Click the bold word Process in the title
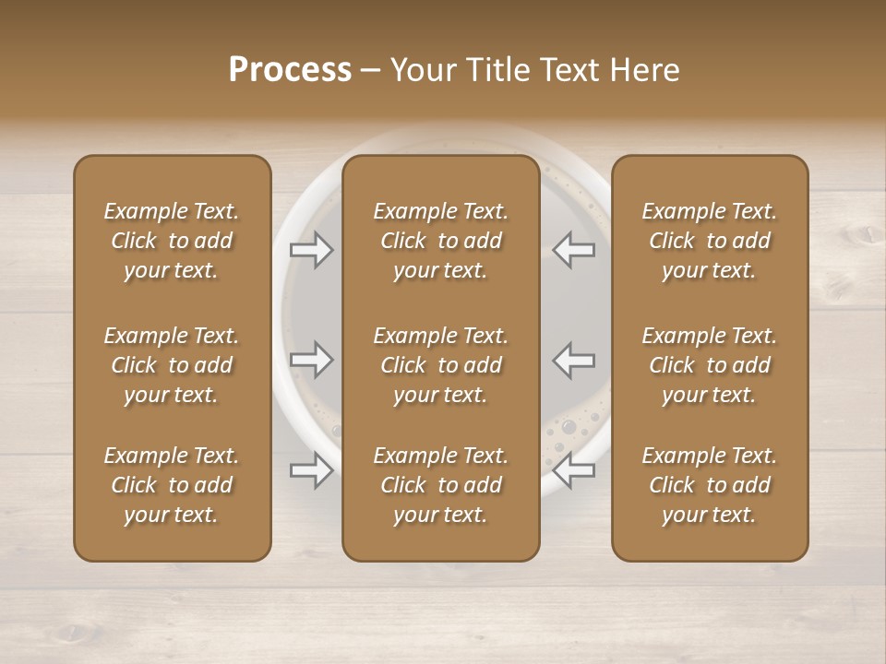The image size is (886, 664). point(290,70)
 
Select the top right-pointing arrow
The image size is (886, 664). point(311,250)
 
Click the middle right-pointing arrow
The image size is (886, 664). point(311,360)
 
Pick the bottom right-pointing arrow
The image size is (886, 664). point(311,470)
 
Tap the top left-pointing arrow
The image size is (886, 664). point(574,250)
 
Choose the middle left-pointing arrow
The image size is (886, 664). point(574,360)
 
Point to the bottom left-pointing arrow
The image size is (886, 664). point(574,470)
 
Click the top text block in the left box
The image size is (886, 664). point(172,241)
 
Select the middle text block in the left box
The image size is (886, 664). point(172,365)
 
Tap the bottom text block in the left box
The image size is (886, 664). point(172,485)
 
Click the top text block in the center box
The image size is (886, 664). point(441,241)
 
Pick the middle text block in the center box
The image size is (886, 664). point(441,365)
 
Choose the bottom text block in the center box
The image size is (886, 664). point(441,485)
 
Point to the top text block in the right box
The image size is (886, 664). point(710,241)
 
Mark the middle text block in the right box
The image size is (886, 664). point(710,365)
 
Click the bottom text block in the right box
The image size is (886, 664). point(710,485)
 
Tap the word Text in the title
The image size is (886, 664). point(569,70)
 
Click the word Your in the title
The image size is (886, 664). point(421,70)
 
